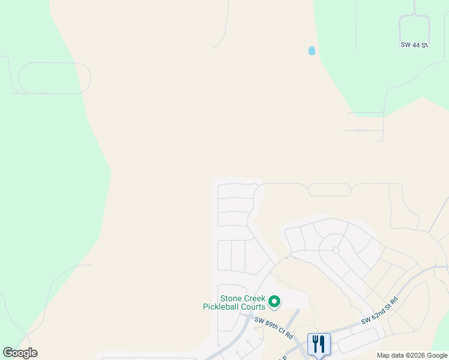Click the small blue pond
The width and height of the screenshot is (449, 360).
[312, 51]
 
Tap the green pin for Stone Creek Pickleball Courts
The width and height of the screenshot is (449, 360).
[274, 301]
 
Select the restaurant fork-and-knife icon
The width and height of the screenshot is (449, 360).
[319, 344]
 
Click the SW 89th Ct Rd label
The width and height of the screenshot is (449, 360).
[273, 328]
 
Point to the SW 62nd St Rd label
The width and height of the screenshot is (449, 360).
[379, 311]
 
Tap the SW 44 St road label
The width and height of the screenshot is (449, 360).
[414, 45]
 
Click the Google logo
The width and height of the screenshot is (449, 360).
[20, 353]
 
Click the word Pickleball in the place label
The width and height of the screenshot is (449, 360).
[225, 307]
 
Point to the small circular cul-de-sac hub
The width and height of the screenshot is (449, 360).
[336, 250]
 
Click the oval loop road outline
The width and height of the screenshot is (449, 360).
[55, 78]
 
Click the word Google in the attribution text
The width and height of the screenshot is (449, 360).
[437, 355]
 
